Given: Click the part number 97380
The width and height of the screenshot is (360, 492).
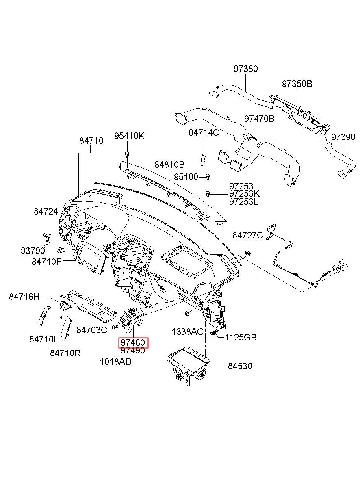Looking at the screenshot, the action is tap(245, 69).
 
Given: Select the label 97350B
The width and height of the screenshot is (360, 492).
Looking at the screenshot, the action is tap(297, 84).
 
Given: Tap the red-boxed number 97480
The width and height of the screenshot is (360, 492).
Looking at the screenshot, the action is tap(133, 342).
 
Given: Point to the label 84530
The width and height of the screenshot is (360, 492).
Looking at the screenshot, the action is tap(240, 366).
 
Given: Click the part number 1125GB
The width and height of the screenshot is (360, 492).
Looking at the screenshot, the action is tap(240, 337).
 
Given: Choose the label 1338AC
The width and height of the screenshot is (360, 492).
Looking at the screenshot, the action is tap(187, 332).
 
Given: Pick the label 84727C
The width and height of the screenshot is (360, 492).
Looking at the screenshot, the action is tap(247, 236).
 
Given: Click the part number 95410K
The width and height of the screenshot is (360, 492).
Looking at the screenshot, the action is tap(129, 136).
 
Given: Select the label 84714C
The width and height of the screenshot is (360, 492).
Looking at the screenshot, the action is tap(204, 132).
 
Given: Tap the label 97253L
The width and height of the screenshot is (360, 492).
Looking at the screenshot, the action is tap(243, 202).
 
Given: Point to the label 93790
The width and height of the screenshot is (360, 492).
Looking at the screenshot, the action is tap(33, 251).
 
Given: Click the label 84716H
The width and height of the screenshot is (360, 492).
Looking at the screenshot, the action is tap(24, 297).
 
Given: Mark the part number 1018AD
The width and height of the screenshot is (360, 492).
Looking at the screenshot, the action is tap(115, 362).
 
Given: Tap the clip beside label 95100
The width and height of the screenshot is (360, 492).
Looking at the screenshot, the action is tap(208, 177).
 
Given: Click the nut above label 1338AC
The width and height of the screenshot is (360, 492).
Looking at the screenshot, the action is tap(187, 314).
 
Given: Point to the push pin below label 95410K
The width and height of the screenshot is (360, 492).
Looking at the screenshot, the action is tap(127, 154).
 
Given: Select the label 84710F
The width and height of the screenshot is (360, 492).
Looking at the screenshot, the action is tap(46, 262).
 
